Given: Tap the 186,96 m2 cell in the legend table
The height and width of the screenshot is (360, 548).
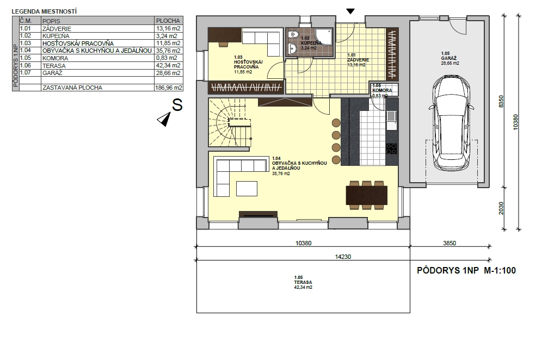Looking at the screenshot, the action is pyautogui.click(x=169, y=88).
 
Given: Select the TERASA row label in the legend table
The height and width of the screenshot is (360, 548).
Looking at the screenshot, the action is pyautogui.click(x=54, y=66).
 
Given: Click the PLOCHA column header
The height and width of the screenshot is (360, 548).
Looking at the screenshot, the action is pyautogui.click(x=168, y=21).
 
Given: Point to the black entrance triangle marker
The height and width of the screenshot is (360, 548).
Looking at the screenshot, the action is pyautogui.click(x=350, y=11).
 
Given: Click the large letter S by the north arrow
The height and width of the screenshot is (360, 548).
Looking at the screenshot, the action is pyautogui.click(x=177, y=105).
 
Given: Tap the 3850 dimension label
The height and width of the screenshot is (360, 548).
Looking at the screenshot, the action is pyautogui.click(x=450, y=243).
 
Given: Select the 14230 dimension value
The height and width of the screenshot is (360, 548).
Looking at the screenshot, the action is pyautogui.click(x=343, y=257).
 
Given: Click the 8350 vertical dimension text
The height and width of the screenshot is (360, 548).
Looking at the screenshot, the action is pyautogui.click(x=501, y=102).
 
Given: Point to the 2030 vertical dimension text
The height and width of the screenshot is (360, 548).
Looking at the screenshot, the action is pyautogui.click(x=501, y=208).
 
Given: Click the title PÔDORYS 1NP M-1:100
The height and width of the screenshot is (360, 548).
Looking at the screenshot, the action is pyautogui.click(x=466, y=270).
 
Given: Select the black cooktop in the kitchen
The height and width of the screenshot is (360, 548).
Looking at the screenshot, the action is pyautogui.click(x=391, y=148).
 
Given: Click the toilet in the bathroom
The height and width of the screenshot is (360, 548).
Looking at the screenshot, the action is pyautogui.click(x=293, y=35).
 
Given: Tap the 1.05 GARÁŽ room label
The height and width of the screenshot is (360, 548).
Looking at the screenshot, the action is pyautogui.click(x=450, y=58).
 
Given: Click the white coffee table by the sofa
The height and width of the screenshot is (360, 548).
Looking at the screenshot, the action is pyautogui.click(x=247, y=189).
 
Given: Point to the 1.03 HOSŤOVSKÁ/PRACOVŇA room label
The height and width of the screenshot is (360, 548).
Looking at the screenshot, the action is pyautogui.click(x=248, y=65).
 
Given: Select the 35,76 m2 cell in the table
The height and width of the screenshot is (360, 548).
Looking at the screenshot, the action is pyautogui.click(x=168, y=51).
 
